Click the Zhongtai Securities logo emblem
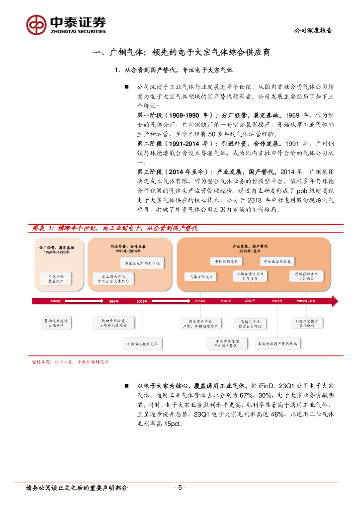point(36,24)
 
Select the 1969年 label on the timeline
point(55,301)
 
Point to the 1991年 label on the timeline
point(113,301)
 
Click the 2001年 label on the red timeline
point(142,301)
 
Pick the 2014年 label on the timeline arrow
point(200,301)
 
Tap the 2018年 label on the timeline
point(226,301)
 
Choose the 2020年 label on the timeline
point(250,301)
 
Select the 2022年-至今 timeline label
point(306,301)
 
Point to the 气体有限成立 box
point(199,276)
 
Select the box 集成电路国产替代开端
point(277,343)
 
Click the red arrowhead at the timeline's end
point(334,301)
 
